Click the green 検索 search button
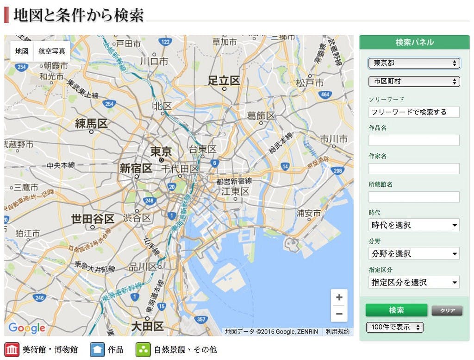[396, 310]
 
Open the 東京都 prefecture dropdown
[414, 63]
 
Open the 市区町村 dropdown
[414, 82]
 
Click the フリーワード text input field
[414, 112]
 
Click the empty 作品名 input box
[414, 140]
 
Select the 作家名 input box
[414, 169]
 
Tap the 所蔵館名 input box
[414, 197]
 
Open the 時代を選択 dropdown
[414, 225]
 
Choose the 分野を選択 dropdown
[414, 253]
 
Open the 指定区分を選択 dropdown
[414, 282]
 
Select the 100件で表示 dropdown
[394, 327]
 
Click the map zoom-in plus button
[339, 297]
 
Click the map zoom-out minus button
[339, 314]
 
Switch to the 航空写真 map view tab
[52, 51]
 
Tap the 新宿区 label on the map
[136, 168]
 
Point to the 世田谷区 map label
[93, 219]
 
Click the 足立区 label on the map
[224, 81]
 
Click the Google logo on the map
[27, 328]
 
